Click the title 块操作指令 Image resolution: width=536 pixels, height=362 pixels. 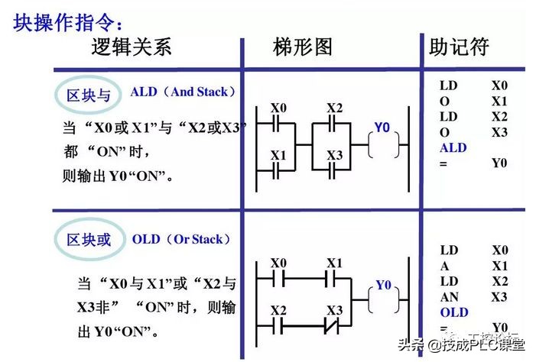click(x=68, y=22)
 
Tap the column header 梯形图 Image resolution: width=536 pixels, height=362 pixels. click(x=303, y=47)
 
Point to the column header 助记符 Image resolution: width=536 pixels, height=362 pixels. click(x=459, y=47)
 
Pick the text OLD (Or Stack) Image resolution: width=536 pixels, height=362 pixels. click(x=180, y=239)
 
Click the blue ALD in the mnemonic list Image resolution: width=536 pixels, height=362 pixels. click(x=453, y=147)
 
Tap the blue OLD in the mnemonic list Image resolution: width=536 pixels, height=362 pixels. click(x=453, y=312)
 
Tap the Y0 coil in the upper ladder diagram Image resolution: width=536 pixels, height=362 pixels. click(x=382, y=145)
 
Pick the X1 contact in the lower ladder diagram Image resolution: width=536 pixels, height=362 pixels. click(x=335, y=277)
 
